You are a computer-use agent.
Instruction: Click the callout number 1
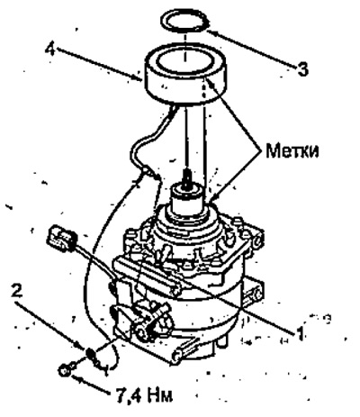pos(300,331)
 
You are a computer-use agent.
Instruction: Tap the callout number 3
pos(302,69)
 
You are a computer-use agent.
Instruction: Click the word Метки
pos(292,150)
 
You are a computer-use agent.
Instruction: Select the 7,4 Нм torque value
pos(143,395)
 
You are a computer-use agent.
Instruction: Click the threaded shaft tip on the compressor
pos(187,177)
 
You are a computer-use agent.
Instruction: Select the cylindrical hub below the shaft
pos(185,201)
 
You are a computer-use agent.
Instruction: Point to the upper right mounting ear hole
pos(256,241)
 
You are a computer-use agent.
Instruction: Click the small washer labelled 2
pos(89,352)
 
